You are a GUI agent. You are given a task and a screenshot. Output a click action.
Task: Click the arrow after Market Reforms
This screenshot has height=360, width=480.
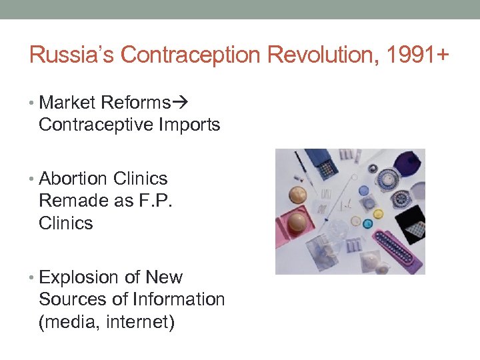(180, 103)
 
